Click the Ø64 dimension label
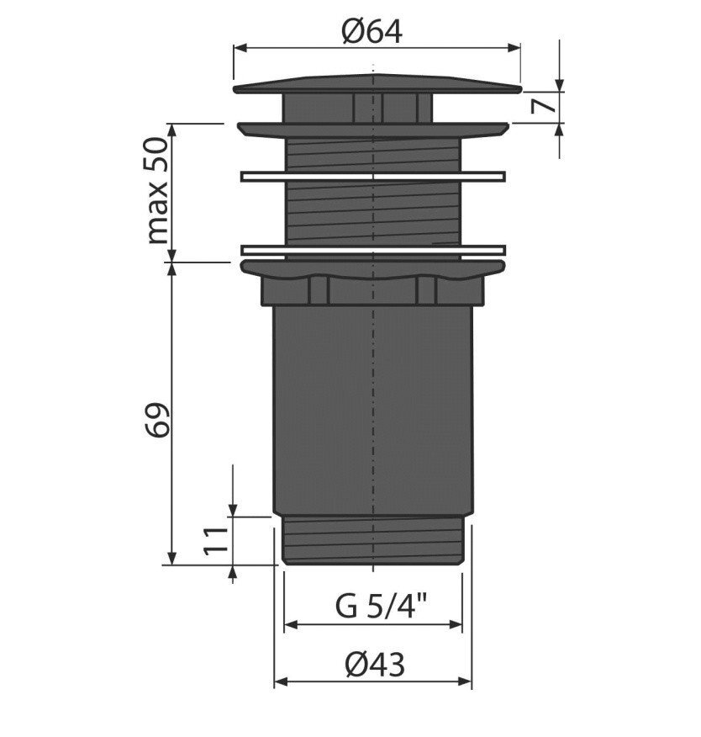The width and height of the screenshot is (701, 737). [372, 33]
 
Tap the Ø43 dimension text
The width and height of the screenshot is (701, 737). [374, 665]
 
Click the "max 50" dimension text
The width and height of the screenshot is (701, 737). [157, 190]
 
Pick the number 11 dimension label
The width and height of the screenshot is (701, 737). [215, 541]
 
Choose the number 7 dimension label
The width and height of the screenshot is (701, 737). [542, 107]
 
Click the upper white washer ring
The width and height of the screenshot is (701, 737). [373, 177]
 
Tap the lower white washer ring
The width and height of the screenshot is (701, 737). [373, 250]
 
